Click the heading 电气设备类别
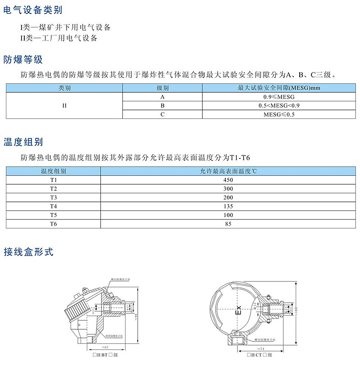(33, 9)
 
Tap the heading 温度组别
(23, 142)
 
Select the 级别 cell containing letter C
(162, 115)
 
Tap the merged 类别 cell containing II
(64, 106)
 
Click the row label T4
(54, 206)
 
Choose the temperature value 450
(228, 180)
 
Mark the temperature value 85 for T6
(228, 223)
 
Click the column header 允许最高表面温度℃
(228, 172)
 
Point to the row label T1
(54, 180)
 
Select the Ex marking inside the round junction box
(239, 310)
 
